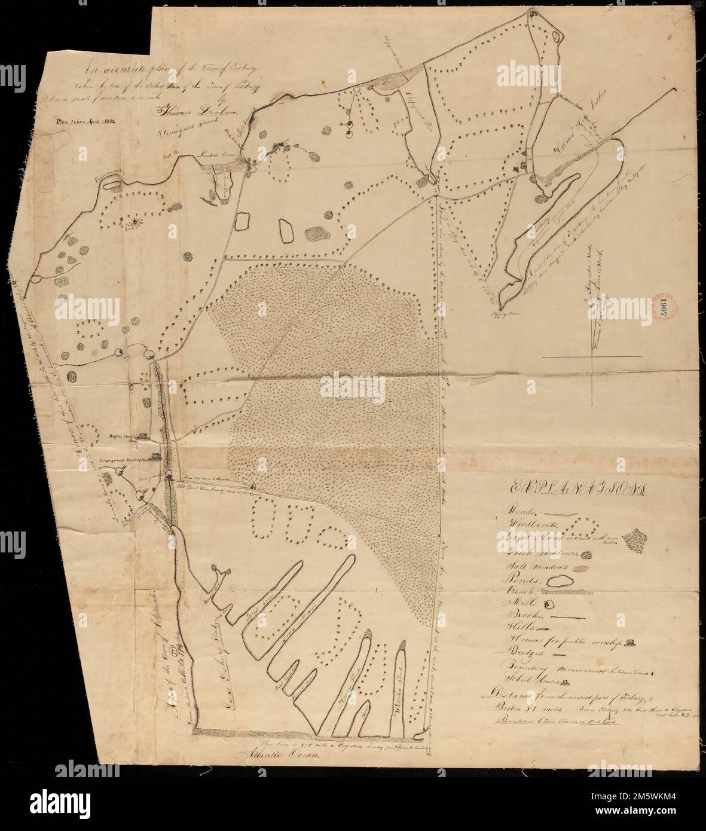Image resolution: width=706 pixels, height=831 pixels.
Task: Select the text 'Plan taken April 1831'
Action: [x=83, y=120]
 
